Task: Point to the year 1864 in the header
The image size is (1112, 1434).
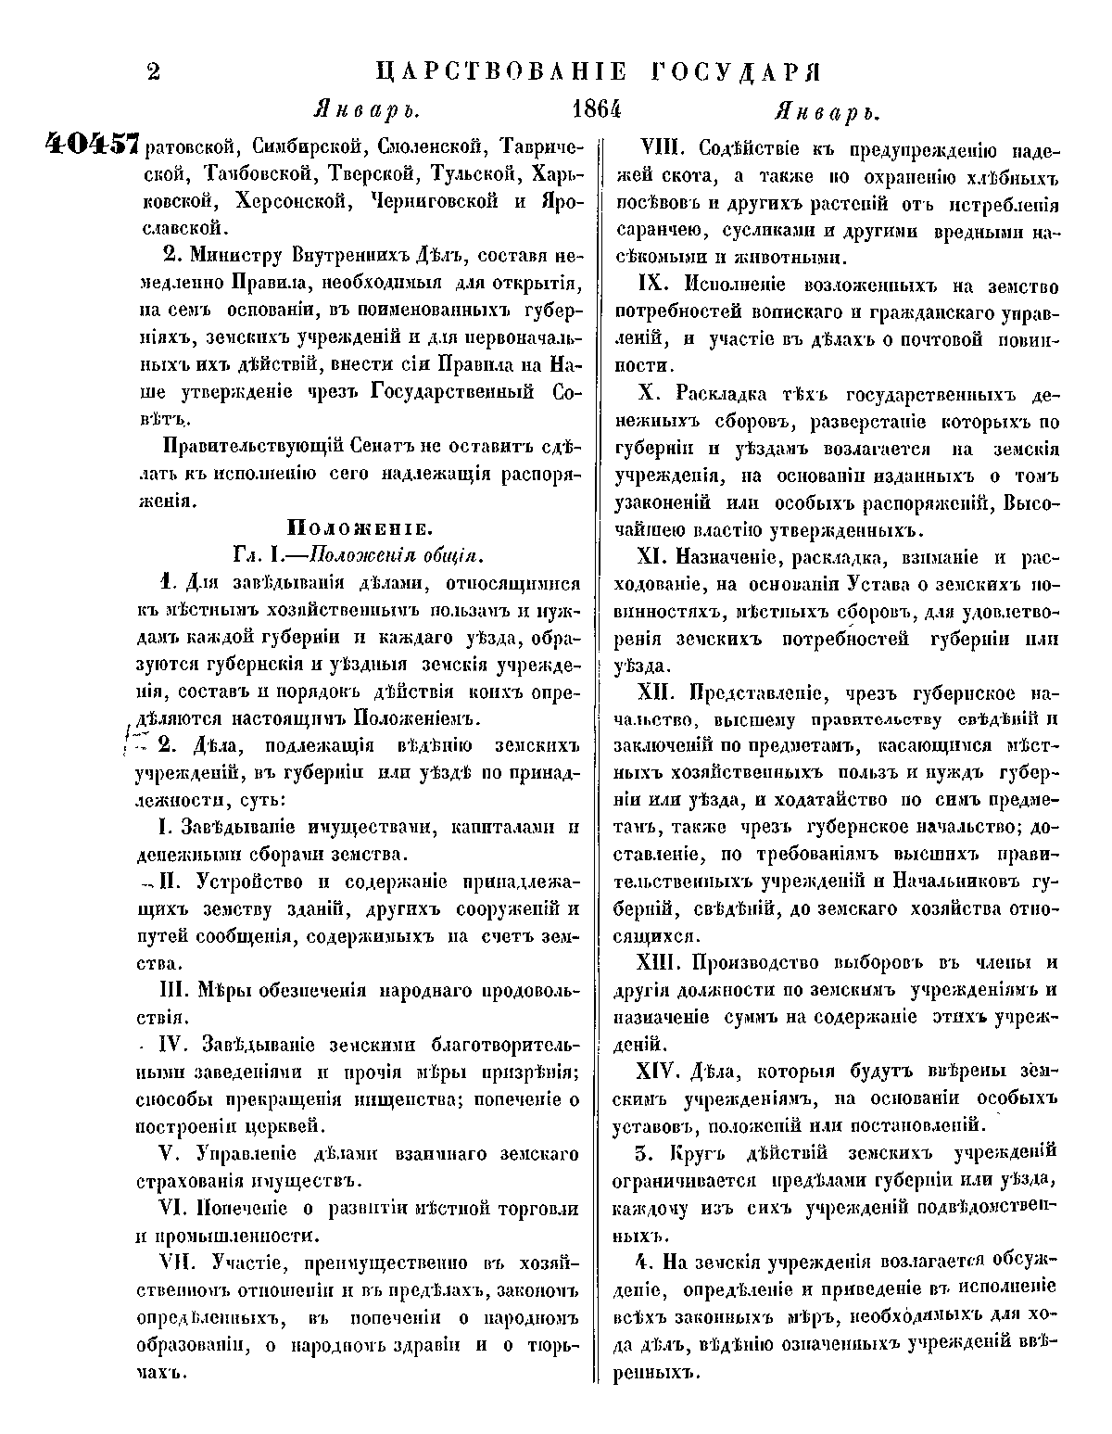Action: coord(594,110)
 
